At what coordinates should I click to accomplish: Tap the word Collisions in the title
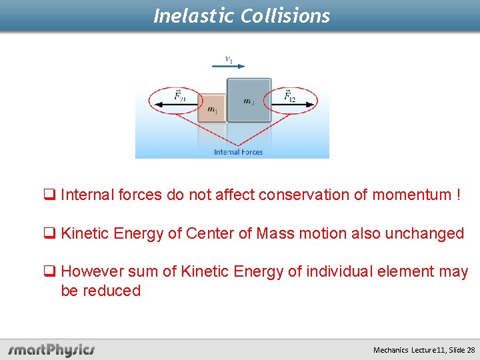(x=286, y=15)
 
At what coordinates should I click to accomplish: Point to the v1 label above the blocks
(x=229, y=59)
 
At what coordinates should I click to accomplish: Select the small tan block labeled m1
(x=211, y=109)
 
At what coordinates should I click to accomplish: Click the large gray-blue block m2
(x=249, y=101)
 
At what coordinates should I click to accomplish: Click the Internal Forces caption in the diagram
(x=238, y=152)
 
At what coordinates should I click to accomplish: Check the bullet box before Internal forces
(x=49, y=195)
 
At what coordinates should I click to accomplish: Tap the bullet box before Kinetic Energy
(x=49, y=234)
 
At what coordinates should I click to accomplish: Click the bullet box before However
(x=49, y=272)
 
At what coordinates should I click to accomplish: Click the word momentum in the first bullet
(x=411, y=195)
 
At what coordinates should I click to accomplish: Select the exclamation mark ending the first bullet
(x=459, y=195)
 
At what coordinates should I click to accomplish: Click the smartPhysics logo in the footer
(x=51, y=350)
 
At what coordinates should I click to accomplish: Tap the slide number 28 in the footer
(x=471, y=350)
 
